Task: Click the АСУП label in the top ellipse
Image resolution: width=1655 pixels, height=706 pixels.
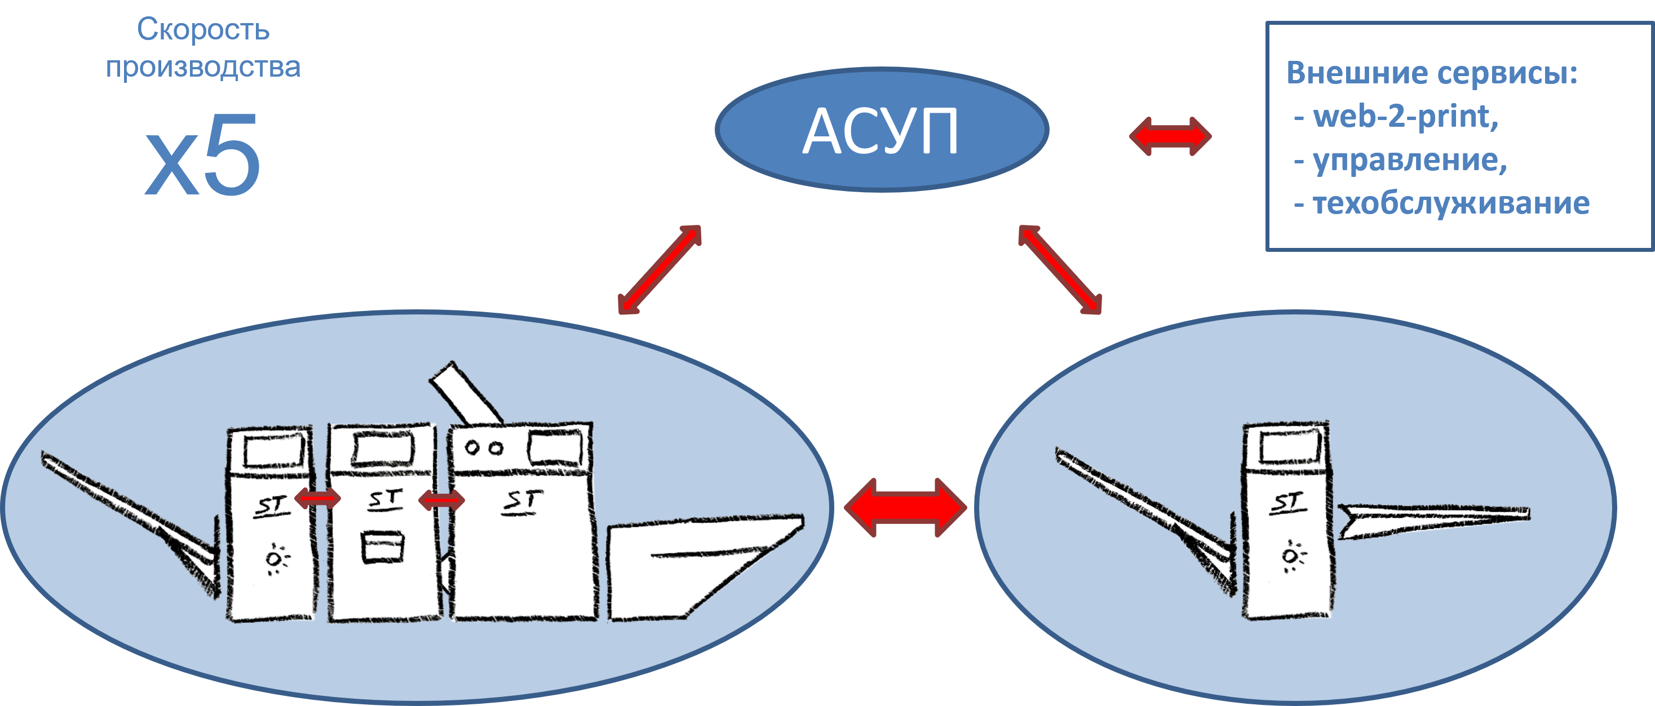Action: pos(881,132)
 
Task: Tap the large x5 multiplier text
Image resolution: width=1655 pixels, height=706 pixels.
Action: pos(202,156)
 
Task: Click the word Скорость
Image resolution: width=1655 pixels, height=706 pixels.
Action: pos(203,29)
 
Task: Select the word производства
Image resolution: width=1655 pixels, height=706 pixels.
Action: pos(203,68)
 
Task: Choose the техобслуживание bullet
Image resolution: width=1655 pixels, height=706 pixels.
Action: pos(1443,203)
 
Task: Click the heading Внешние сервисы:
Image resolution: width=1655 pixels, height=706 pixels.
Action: pos(1431,73)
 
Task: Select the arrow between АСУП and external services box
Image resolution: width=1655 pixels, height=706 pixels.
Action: pos(1170,136)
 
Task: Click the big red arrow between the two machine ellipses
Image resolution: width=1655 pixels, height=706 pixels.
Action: pos(905,508)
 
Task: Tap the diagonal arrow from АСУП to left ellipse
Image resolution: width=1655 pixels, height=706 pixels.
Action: pos(659,269)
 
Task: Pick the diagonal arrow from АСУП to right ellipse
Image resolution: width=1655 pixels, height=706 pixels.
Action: pos(1060,269)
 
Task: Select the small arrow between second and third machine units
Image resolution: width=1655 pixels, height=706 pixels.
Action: pos(441,500)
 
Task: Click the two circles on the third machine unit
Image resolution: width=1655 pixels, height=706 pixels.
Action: pos(484,448)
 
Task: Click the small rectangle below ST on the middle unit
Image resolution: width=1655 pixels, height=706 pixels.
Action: pos(383,547)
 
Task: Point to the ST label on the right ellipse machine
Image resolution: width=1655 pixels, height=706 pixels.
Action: pos(1287,503)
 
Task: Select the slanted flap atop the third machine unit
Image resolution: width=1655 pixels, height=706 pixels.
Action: pos(464,393)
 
